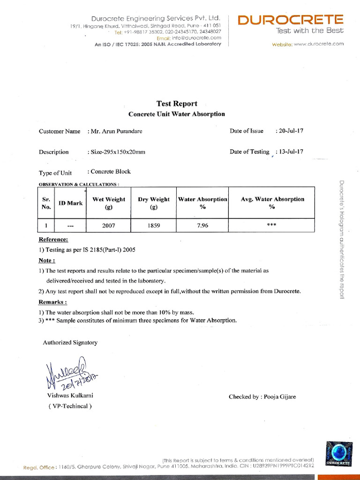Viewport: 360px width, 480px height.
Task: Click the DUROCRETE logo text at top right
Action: click(291, 20)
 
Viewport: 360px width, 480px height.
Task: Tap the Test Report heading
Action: click(177, 104)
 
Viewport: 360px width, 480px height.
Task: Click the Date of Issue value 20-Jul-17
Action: click(291, 131)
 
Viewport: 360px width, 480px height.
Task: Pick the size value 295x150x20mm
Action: click(118, 152)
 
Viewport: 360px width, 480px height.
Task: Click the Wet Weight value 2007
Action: click(109, 225)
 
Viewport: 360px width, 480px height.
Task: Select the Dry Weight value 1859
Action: click(154, 225)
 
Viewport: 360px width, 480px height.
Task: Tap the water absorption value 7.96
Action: click(202, 225)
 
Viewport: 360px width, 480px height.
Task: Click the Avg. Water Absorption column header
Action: click(272, 202)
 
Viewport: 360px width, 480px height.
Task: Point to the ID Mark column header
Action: click(70, 203)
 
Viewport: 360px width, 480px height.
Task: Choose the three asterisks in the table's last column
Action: click(272, 225)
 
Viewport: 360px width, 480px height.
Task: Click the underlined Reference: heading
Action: click(53, 240)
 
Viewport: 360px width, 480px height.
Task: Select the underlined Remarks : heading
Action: click(52, 302)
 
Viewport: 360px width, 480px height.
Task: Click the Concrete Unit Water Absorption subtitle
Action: click(177, 114)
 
